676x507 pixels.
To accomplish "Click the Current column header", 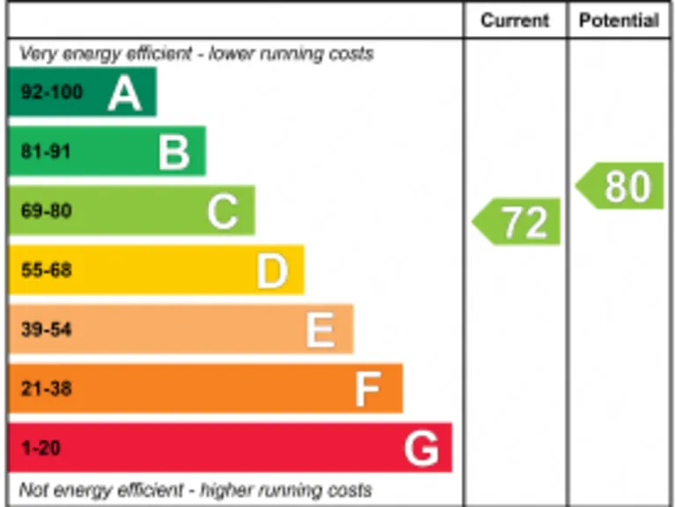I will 515,21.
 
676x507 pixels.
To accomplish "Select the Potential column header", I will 619,21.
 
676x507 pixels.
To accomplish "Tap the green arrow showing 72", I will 518,222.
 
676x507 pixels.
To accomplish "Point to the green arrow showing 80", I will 621,187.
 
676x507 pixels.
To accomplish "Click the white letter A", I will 124,93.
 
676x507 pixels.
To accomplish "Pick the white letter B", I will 174,152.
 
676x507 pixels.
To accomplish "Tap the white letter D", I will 272,271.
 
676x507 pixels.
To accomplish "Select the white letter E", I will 320,330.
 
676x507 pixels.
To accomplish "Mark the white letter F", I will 369,389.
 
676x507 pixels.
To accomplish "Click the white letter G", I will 421,449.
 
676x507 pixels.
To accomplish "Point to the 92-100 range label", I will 52,92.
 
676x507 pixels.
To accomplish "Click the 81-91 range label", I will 46,151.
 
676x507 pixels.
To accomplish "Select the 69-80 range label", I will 46,211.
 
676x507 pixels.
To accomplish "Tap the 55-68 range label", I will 46,270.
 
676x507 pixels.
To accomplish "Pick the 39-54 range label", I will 46,330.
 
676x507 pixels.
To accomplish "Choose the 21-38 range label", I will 46,388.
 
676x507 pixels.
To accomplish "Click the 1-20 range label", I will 40,448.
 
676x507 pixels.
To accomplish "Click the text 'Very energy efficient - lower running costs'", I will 196,54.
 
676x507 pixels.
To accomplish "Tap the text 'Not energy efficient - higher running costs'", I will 195,489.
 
